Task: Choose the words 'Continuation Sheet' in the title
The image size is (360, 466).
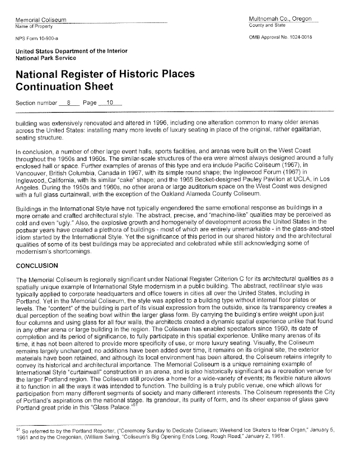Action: coord(64,86)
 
